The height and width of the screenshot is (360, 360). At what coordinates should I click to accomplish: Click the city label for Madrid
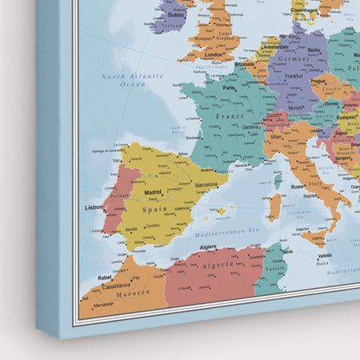[152, 192]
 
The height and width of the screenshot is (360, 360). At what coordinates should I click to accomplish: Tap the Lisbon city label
[94, 208]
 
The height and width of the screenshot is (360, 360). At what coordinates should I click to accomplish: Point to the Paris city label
[229, 87]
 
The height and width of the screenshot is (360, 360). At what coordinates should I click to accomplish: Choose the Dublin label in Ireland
[176, 15]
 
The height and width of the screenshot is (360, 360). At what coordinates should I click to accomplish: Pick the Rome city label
[298, 186]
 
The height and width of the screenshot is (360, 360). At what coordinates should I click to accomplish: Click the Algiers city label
[209, 247]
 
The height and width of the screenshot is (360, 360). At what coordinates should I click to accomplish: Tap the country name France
[230, 115]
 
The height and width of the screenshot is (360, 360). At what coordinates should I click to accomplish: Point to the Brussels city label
[245, 63]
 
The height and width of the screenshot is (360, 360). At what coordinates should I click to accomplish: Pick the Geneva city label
[253, 125]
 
